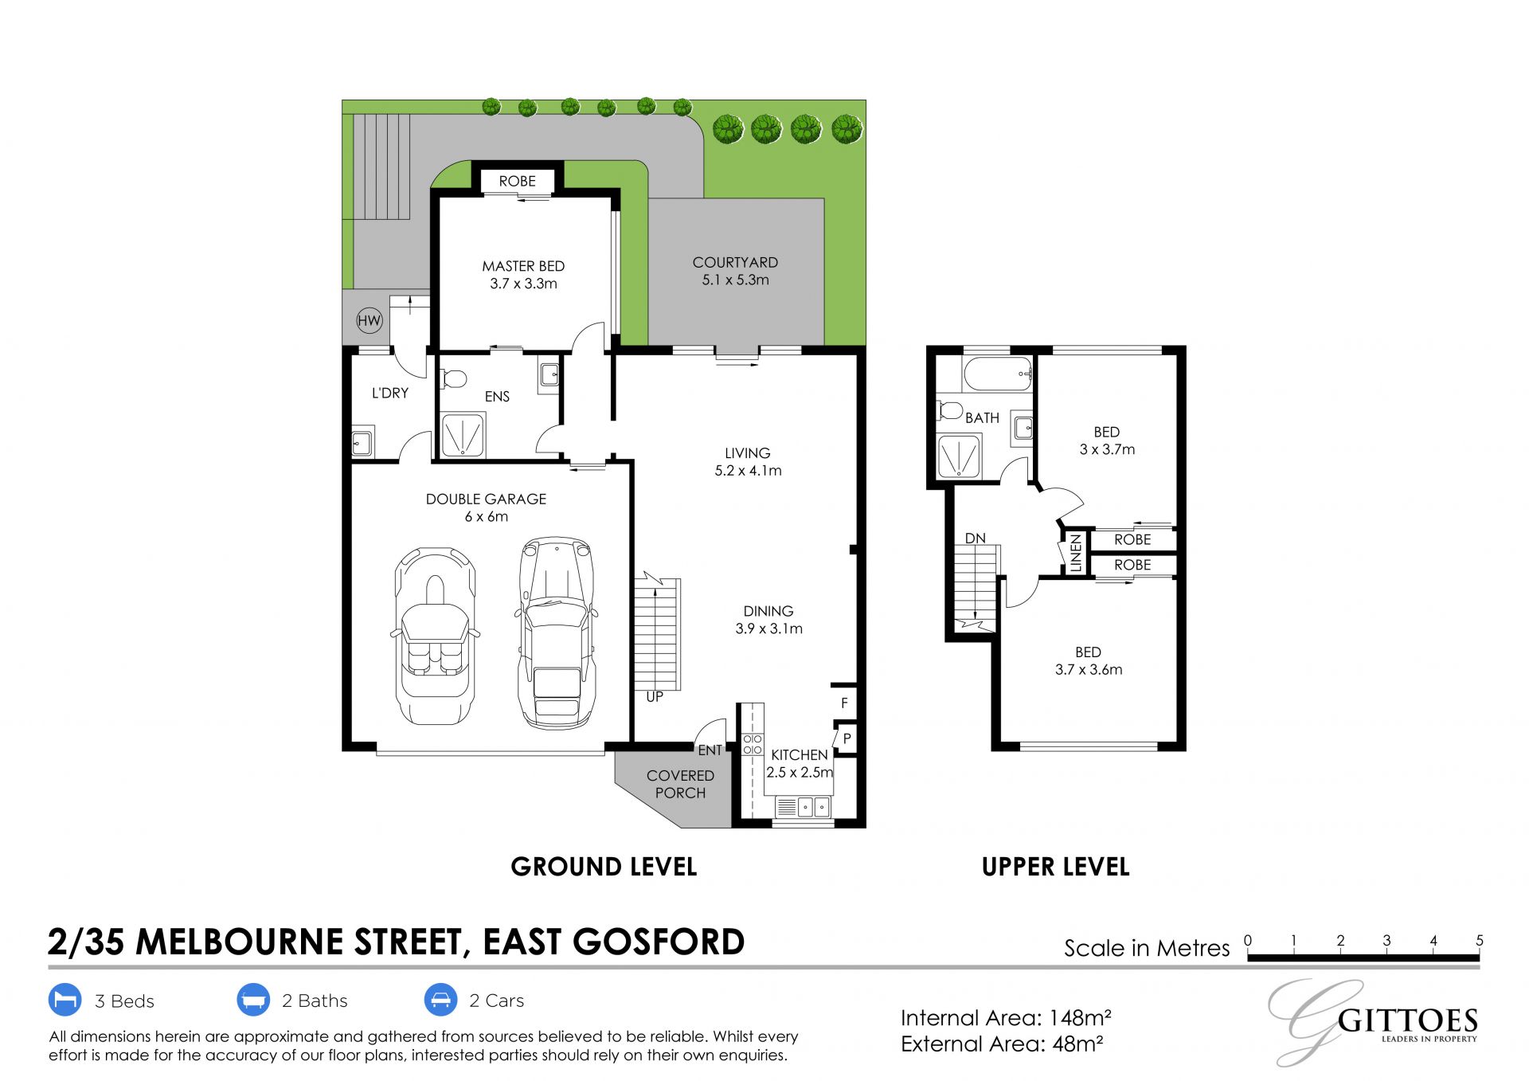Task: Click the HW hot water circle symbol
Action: (x=369, y=321)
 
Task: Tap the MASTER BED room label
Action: (x=523, y=266)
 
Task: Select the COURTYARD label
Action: (x=735, y=262)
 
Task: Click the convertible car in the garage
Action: (x=435, y=636)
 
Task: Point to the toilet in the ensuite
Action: (x=452, y=378)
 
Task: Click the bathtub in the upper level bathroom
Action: (x=998, y=374)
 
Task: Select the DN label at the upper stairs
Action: (x=976, y=539)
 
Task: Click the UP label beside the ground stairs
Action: (x=655, y=697)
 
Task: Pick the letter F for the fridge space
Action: (x=844, y=703)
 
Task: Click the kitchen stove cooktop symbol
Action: (x=753, y=745)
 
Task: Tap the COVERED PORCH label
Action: (x=680, y=784)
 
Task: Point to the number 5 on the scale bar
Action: (x=1480, y=940)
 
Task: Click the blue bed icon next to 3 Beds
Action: (x=65, y=1000)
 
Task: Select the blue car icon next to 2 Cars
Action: (x=440, y=1000)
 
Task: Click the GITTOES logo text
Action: (x=1408, y=1020)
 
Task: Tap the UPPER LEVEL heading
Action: (x=1055, y=867)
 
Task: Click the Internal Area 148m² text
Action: (x=1006, y=1017)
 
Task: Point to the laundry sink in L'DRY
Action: (x=362, y=441)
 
